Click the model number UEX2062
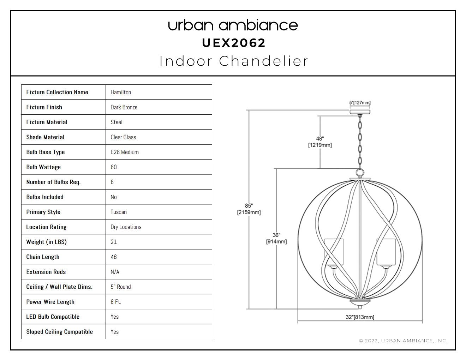click(x=234, y=43)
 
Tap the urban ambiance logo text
click(x=233, y=25)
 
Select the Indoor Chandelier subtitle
click(x=234, y=61)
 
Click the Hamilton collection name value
click(x=121, y=92)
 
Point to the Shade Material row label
click(x=45, y=137)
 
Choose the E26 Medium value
click(x=125, y=152)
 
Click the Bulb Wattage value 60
click(x=114, y=167)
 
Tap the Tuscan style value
click(x=119, y=212)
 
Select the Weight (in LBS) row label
click(x=46, y=242)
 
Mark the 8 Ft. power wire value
click(x=116, y=302)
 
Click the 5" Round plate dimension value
click(x=120, y=287)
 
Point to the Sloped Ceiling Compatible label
click(x=59, y=332)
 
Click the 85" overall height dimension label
click(x=249, y=209)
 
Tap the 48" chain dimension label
click(x=320, y=142)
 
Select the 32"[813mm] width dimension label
click(x=360, y=317)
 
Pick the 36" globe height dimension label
click(x=276, y=239)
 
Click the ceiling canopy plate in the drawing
click(x=360, y=112)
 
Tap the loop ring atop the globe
click(x=360, y=173)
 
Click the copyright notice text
click(x=403, y=341)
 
